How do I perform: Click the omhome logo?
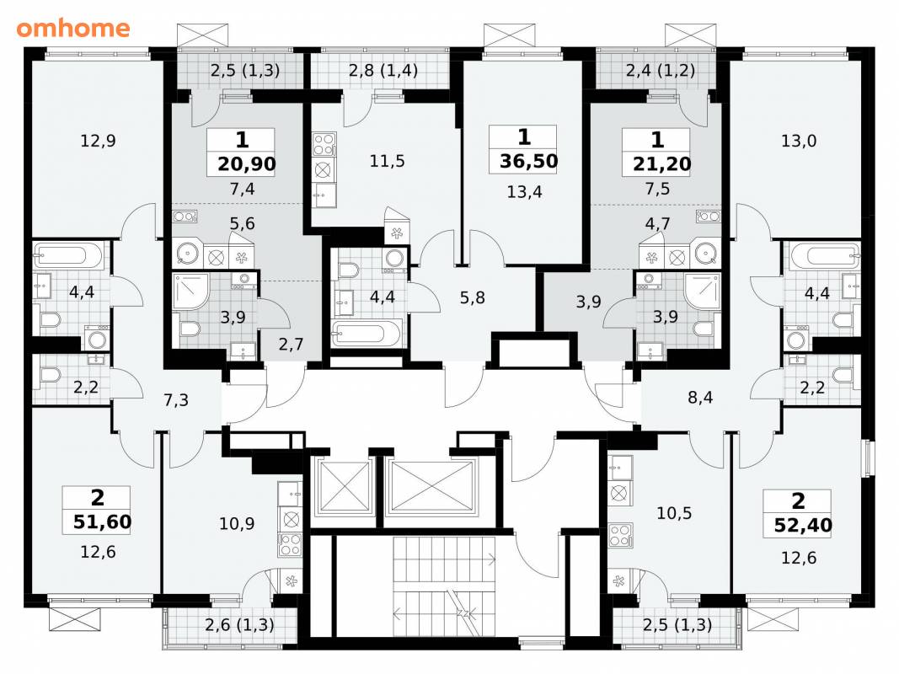73,28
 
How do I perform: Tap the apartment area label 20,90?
247,164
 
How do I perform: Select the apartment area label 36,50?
528,161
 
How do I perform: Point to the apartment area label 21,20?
662,164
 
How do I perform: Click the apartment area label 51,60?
103,522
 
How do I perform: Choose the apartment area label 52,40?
803,525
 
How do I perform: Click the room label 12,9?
98,141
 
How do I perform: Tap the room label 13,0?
799,141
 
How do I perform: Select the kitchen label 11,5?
387,161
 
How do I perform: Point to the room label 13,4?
525,191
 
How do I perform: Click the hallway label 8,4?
700,397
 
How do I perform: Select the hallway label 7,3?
176,399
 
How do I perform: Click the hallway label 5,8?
473,297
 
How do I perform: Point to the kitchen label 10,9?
237,523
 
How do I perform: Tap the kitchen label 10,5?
674,513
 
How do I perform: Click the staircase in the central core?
444,586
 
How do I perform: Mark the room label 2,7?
292,344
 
